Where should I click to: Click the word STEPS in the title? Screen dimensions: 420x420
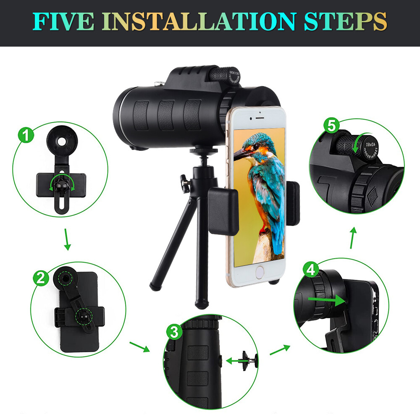tap(346, 21)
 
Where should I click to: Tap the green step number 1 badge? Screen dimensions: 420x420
tap(26, 135)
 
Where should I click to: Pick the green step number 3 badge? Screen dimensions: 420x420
tap(173, 332)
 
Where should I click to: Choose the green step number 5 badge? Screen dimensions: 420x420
tap(332, 125)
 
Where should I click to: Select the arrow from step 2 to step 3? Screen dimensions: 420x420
tap(139, 346)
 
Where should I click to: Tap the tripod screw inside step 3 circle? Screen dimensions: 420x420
tap(246, 359)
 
